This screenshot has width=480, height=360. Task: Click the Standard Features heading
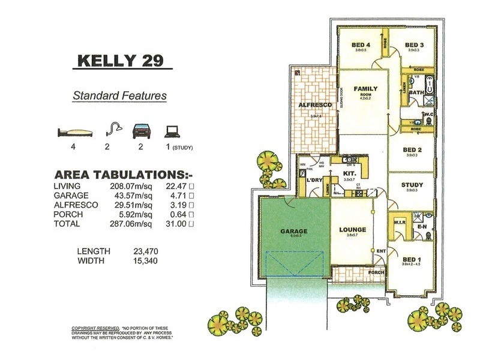(119, 95)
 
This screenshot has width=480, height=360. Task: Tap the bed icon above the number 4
(75, 133)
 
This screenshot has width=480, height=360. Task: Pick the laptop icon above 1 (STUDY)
(172, 130)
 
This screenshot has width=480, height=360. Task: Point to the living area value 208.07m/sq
(128, 187)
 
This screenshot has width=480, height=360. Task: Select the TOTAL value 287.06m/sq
(128, 223)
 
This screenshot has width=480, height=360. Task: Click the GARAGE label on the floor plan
(293, 231)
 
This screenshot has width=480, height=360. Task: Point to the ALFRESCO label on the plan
(315, 106)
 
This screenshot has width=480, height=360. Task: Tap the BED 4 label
(360, 45)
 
